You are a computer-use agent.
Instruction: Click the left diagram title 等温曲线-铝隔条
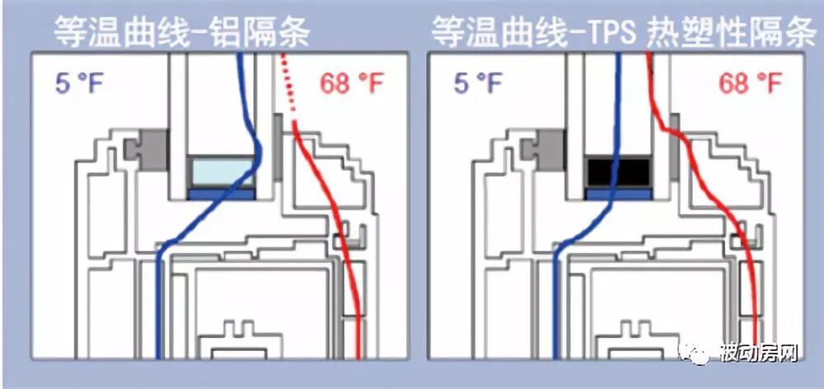182,31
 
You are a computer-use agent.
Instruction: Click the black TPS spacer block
618,172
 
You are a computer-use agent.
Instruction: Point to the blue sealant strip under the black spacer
618,194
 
